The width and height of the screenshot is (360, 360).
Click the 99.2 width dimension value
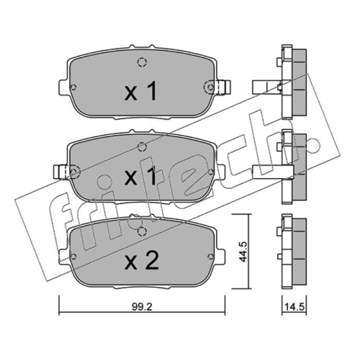click(142, 307)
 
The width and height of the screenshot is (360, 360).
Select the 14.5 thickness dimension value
click(294, 307)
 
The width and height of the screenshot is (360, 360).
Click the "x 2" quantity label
click(141, 261)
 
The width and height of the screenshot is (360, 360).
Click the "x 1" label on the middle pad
click(140, 175)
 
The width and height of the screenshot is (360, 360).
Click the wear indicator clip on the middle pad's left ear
click(60, 172)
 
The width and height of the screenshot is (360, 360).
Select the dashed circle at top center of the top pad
click(142, 62)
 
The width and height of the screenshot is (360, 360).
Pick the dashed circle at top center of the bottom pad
click(142, 231)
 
